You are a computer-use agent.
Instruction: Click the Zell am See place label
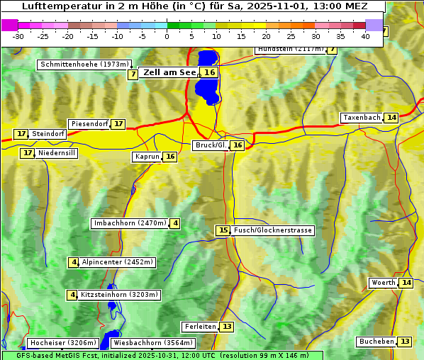pos(170,72)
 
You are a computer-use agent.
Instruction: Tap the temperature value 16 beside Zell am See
pos(209,72)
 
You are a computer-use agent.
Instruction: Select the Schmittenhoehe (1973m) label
pos(85,64)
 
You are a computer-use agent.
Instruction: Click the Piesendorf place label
pos(89,124)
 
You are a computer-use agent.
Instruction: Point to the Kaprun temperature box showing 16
pos(170,157)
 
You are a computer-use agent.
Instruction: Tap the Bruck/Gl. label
pos(211,145)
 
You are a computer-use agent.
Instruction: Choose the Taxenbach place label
pos(362,118)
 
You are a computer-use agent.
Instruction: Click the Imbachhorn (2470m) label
pos(130,223)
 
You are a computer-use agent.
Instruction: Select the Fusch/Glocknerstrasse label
pos(273,230)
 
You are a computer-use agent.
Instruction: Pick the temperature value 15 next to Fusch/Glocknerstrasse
pos(223,230)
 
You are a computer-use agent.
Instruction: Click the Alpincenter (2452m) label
pos(118,262)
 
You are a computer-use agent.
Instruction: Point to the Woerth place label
pos(384,283)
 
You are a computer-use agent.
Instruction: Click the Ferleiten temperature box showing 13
pos(227,327)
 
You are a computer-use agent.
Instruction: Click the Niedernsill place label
pos(57,153)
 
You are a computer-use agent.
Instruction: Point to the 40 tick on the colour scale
pos(366,36)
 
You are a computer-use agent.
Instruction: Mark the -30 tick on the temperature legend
pos(18,36)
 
